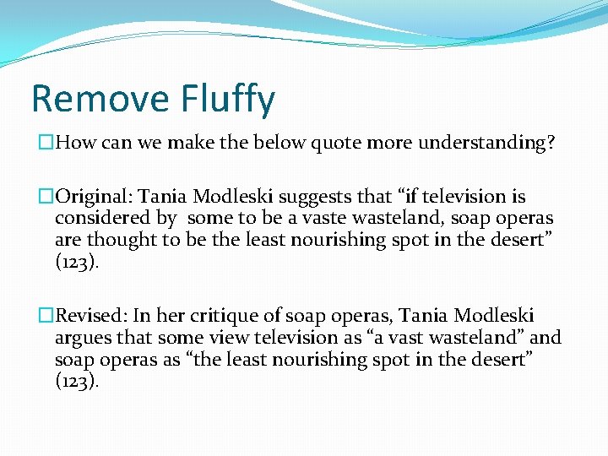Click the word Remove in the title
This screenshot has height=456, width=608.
(90, 99)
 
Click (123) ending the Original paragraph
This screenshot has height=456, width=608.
(76, 263)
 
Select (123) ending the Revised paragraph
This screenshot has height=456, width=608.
(76, 382)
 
